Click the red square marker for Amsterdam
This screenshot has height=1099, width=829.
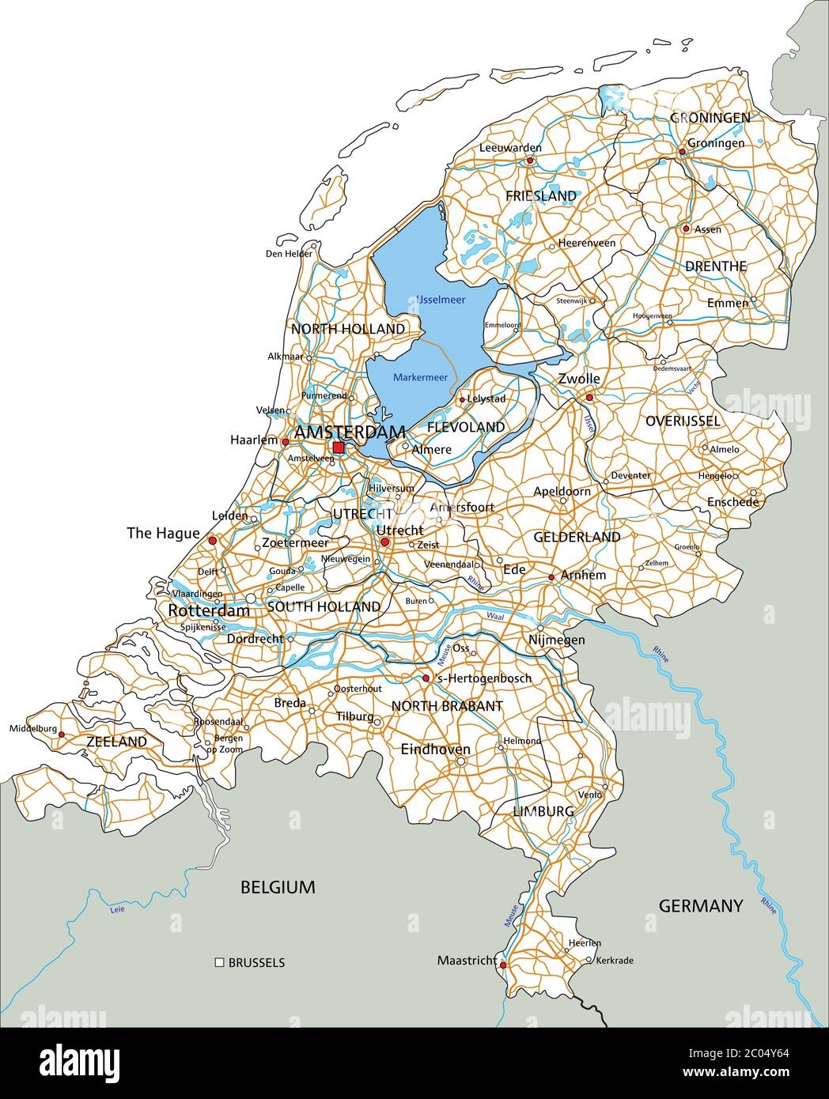(x=339, y=448)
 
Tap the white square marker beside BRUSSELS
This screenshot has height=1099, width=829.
(x=219, y=962)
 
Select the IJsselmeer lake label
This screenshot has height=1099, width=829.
(x=441, y=300)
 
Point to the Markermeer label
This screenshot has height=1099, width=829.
(x=420, y=378)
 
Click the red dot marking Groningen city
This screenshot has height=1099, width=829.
(x=682, y=152)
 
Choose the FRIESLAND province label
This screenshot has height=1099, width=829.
(x=541, y=195)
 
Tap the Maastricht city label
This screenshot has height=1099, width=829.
(x=467, y=961)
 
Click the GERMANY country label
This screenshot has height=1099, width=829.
(x=701, y=906)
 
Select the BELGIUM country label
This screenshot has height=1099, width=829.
(x=278, y=887)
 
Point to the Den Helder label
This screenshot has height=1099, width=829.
(x=289, y=254)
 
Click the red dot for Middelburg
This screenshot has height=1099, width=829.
(x=62, y=734)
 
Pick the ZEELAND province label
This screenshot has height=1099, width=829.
(x=116, y=742)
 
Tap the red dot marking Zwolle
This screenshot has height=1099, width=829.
(x=589, y=397)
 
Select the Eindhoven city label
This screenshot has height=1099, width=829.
(x=435, y=749)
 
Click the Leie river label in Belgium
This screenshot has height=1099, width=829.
(x=118, y=909)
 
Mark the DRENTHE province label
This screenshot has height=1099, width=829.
(x=716, y=266)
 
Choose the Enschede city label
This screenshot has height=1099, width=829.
(x=733, y=502)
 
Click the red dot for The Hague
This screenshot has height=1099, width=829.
(x=212, y=542)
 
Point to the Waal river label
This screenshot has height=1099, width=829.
(x=494, y=614)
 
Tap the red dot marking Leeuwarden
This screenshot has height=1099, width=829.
(x=530, y=161)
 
